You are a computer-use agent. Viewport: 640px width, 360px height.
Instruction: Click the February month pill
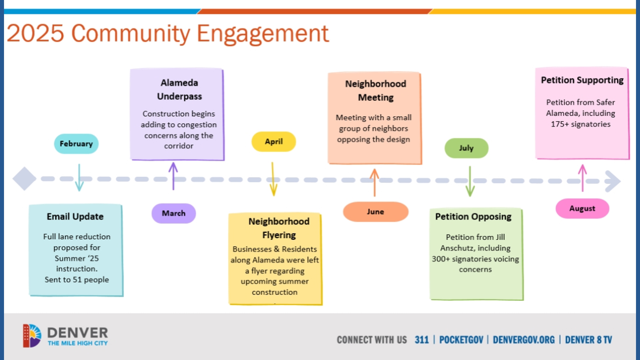(x=76, y=144)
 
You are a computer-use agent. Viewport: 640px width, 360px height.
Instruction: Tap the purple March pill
(x=173, y=213)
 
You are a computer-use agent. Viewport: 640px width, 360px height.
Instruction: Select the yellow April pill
(x=274, y=142)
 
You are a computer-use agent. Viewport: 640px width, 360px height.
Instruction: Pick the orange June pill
(x=375, y=212)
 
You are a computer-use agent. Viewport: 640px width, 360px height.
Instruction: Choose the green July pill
(x=466, y=148)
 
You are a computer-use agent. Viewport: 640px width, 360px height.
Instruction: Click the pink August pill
(x=582, y=209)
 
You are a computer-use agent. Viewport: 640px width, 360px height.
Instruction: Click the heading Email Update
(x=75, y=217)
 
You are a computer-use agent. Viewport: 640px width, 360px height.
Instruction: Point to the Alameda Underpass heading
(x=179, y=89)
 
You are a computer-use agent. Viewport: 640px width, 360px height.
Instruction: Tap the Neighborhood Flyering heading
(x=279, y=228)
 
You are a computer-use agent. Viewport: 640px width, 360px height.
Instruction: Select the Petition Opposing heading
(x=473, y=217)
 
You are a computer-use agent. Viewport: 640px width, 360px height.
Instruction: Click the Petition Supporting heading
(x=582, y=80)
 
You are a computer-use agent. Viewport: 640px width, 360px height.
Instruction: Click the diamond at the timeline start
(x=24, y=179)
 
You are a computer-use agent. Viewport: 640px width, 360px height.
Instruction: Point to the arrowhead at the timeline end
(x=613, y=181)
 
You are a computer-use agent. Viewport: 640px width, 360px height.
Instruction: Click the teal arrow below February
(x=79, y=178)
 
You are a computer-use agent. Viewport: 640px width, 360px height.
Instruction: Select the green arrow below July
(x=470, y=182)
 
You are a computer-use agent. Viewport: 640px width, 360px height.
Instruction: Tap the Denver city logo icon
(x=32, y=336)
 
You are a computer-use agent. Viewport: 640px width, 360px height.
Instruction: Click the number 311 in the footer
(x=421, y=340)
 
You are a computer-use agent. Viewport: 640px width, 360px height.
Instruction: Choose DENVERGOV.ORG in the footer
(x=523, y=340)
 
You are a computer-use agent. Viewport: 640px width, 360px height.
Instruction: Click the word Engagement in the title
(x=262, y=34)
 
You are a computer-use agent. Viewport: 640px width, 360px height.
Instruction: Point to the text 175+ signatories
(x=580, y=124)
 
